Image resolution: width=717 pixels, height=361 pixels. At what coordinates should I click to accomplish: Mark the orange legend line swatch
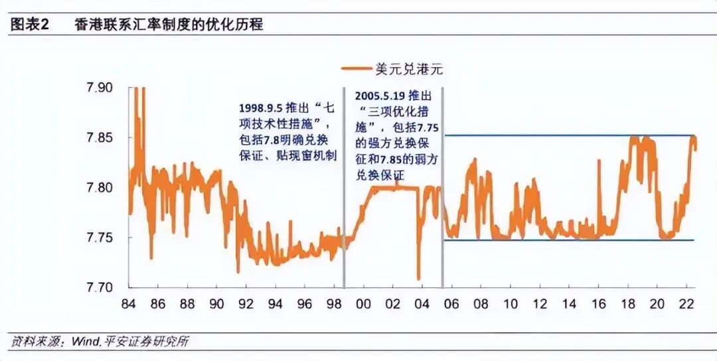(357, 68)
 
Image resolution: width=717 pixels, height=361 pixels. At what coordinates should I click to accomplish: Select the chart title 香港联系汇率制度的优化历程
(169, 25)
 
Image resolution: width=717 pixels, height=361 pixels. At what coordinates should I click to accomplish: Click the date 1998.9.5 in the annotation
(259, 107)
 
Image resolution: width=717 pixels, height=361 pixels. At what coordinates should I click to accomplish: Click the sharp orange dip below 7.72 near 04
(419, 275)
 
